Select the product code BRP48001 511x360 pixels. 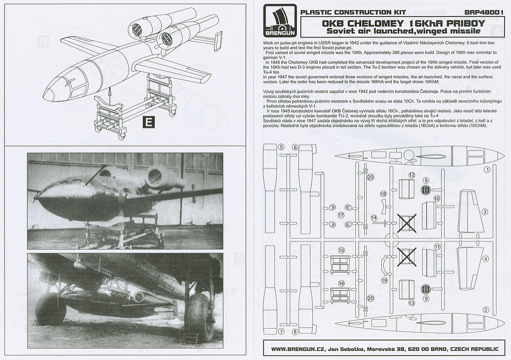(483, 12)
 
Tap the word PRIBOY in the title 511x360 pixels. (456, 23)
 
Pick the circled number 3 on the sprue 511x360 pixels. (485, 212)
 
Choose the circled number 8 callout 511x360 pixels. (295, 332)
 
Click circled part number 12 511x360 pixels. (412, 175)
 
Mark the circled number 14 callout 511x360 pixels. (374, 218)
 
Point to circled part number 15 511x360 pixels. (342, 250)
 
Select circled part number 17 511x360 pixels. (341, 215)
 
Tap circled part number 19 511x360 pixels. (384, 281)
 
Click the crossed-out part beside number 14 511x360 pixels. (407, 222)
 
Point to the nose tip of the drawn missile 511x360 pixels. (45, 93)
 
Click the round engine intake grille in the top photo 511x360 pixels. (155, 176)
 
